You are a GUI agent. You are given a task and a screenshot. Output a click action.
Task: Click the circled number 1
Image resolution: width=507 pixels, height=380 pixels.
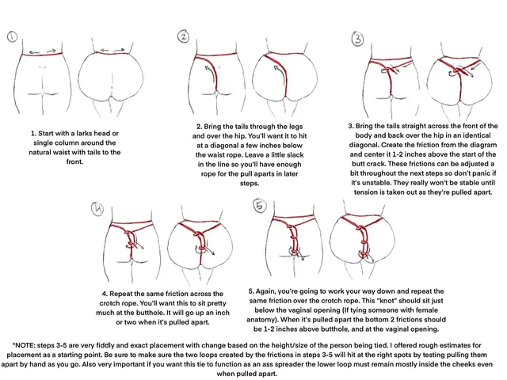(x=13, y=36)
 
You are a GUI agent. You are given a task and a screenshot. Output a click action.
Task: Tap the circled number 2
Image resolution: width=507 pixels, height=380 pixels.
(x=183, y=36)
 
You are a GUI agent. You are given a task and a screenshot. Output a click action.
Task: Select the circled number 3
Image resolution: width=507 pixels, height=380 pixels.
(x=357, y=38)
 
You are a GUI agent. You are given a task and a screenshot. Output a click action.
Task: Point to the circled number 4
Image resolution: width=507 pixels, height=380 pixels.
(x=97, y=209)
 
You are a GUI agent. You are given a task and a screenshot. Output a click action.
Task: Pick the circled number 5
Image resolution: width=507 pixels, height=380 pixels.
(x=259, y=207)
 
